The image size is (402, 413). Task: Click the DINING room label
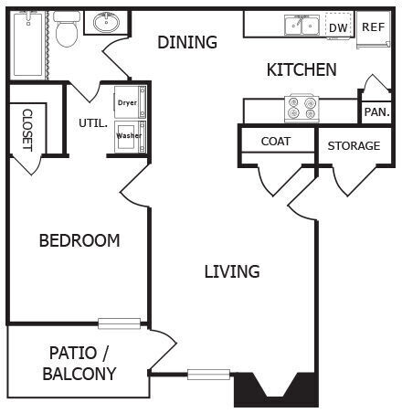(x=187, y=42)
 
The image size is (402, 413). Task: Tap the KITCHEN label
(x=301, y=69)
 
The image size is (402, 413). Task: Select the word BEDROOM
(x=79, y=241)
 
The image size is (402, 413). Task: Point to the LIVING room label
(x=231, y=271)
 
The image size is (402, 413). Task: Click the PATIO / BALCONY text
(x=79, y=364)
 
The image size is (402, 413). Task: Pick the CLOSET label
(x=27, y=129)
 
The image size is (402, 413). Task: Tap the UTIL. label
(x=93, y=122)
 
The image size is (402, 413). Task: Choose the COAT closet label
(x=276, y=142)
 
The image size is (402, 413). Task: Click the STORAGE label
(x=354, y=145)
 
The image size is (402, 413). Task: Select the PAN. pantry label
(x=376, y=112)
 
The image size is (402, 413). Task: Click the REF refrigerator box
(x=373, y=27)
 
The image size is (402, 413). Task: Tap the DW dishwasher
(x=338, y=27)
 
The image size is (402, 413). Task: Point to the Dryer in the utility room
(x=127, y=101)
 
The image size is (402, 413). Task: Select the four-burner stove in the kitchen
(x=301, y=108)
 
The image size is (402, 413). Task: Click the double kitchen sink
(x=301, y=26)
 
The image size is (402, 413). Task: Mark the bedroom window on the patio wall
(x=119, y=323)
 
